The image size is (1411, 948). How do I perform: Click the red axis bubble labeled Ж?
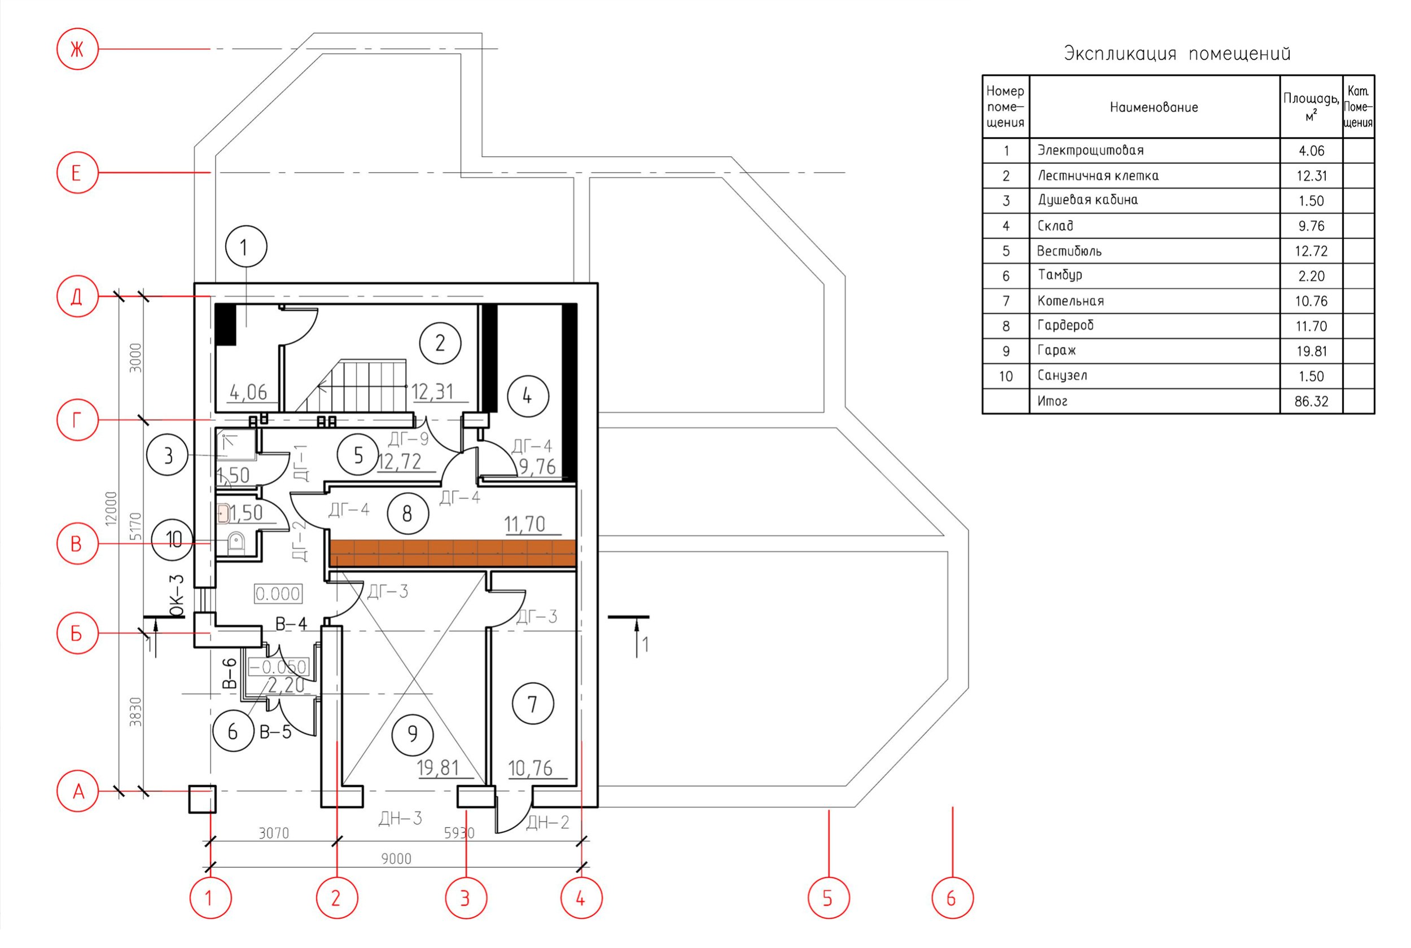(x=77, y=49)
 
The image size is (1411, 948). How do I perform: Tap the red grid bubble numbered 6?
(x=952, y=898)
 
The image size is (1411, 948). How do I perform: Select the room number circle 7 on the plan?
(x=532, y=704)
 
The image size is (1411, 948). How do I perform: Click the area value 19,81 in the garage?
(x=437, y=768)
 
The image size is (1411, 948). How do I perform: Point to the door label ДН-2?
(x=547, y=822)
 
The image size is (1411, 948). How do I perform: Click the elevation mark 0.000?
(x=278, y=594)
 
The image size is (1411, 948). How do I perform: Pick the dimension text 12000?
(x=111, y=508)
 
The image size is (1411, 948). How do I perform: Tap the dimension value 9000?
(x=396, y=858)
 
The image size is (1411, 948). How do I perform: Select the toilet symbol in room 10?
(x=236, y=542)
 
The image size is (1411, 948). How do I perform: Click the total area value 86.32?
(x=1311, y=401)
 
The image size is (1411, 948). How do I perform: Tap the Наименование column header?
(x=1154, y=108)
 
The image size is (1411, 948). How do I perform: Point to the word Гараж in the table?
(x=1056, y=350)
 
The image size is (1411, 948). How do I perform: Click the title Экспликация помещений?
(x=1177, y=54)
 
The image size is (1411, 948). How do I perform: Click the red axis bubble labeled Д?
(x=77, y=296)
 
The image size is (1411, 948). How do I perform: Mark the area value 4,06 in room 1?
(x=248, y=393)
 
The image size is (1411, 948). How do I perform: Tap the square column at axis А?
(x=202, y=798)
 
